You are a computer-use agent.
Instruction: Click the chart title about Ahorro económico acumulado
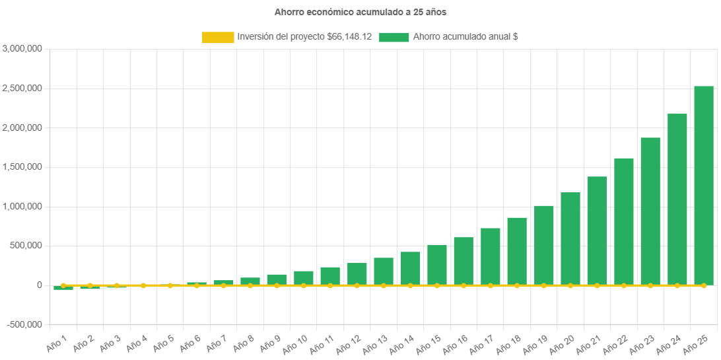360,12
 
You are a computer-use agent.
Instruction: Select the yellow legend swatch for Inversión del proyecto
218,38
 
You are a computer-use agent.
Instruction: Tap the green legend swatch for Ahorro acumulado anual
394,38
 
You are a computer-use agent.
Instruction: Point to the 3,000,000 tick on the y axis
23,49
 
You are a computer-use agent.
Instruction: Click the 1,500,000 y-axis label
23,167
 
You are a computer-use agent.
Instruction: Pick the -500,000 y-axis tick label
23,325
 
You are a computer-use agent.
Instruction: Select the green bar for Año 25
704,185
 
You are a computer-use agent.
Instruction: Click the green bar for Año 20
570,238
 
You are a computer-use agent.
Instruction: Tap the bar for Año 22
624,221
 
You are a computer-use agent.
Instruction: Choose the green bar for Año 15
437,264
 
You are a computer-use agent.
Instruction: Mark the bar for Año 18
517,251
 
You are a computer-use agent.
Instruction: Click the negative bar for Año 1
63,288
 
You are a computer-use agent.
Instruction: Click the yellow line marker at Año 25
704,285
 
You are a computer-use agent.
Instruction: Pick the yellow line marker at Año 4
143,285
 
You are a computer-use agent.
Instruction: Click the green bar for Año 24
677,199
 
